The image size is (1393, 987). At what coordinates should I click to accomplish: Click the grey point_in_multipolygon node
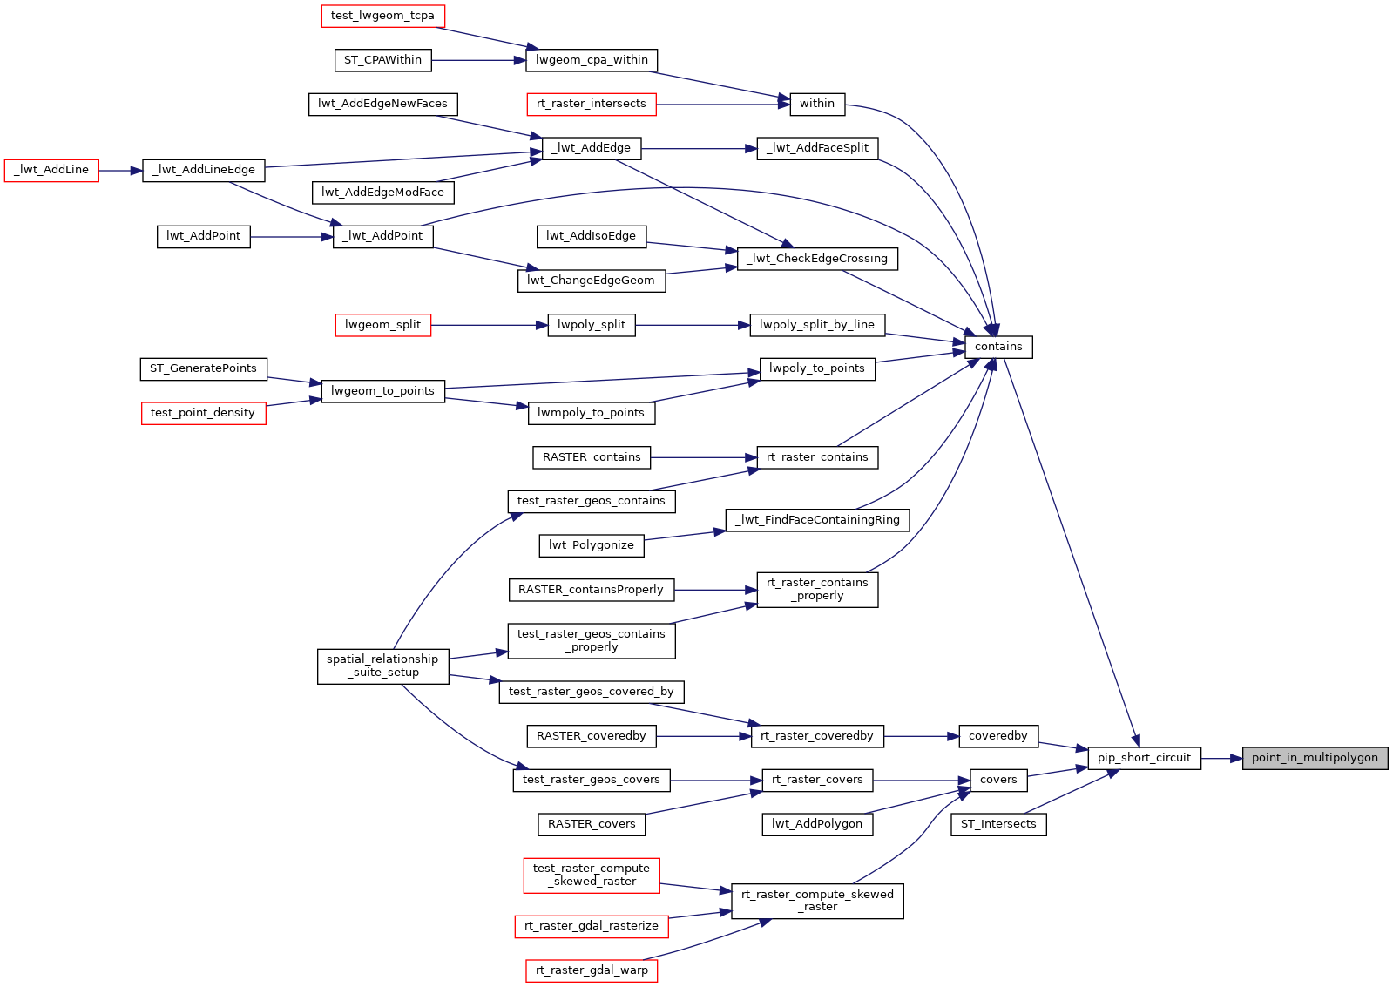click(1315, 758)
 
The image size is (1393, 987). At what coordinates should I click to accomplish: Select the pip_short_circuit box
click(1144, 758)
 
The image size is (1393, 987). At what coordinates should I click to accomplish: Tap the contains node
click(998, 347)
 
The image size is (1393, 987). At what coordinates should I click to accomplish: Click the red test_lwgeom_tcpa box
click(382, 16)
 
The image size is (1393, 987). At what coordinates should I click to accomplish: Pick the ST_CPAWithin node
click(382, 60)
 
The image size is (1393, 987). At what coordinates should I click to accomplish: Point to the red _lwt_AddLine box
click(51, 170)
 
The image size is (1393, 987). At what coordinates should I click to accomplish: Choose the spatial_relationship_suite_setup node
click(382, 666)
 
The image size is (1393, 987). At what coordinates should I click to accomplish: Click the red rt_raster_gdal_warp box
click(592, 970)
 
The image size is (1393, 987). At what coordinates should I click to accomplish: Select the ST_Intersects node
click(998, 824)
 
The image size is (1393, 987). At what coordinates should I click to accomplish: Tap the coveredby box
click(998, 736)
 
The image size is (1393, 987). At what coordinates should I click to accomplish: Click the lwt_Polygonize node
click(592, 545)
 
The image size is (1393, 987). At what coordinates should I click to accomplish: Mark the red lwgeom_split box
click(382, 325)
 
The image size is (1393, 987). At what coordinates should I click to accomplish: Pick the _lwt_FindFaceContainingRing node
click(817, 520)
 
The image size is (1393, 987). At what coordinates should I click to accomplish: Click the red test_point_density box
click(203, 413)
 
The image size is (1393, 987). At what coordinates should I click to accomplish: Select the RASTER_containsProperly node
click(591, 590)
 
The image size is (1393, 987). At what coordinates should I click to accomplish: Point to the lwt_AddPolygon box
click(817, 824)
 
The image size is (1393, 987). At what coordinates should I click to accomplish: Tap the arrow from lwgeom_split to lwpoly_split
click(489, 325)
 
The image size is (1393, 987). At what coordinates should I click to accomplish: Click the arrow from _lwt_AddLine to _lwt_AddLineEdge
click(120, 171)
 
